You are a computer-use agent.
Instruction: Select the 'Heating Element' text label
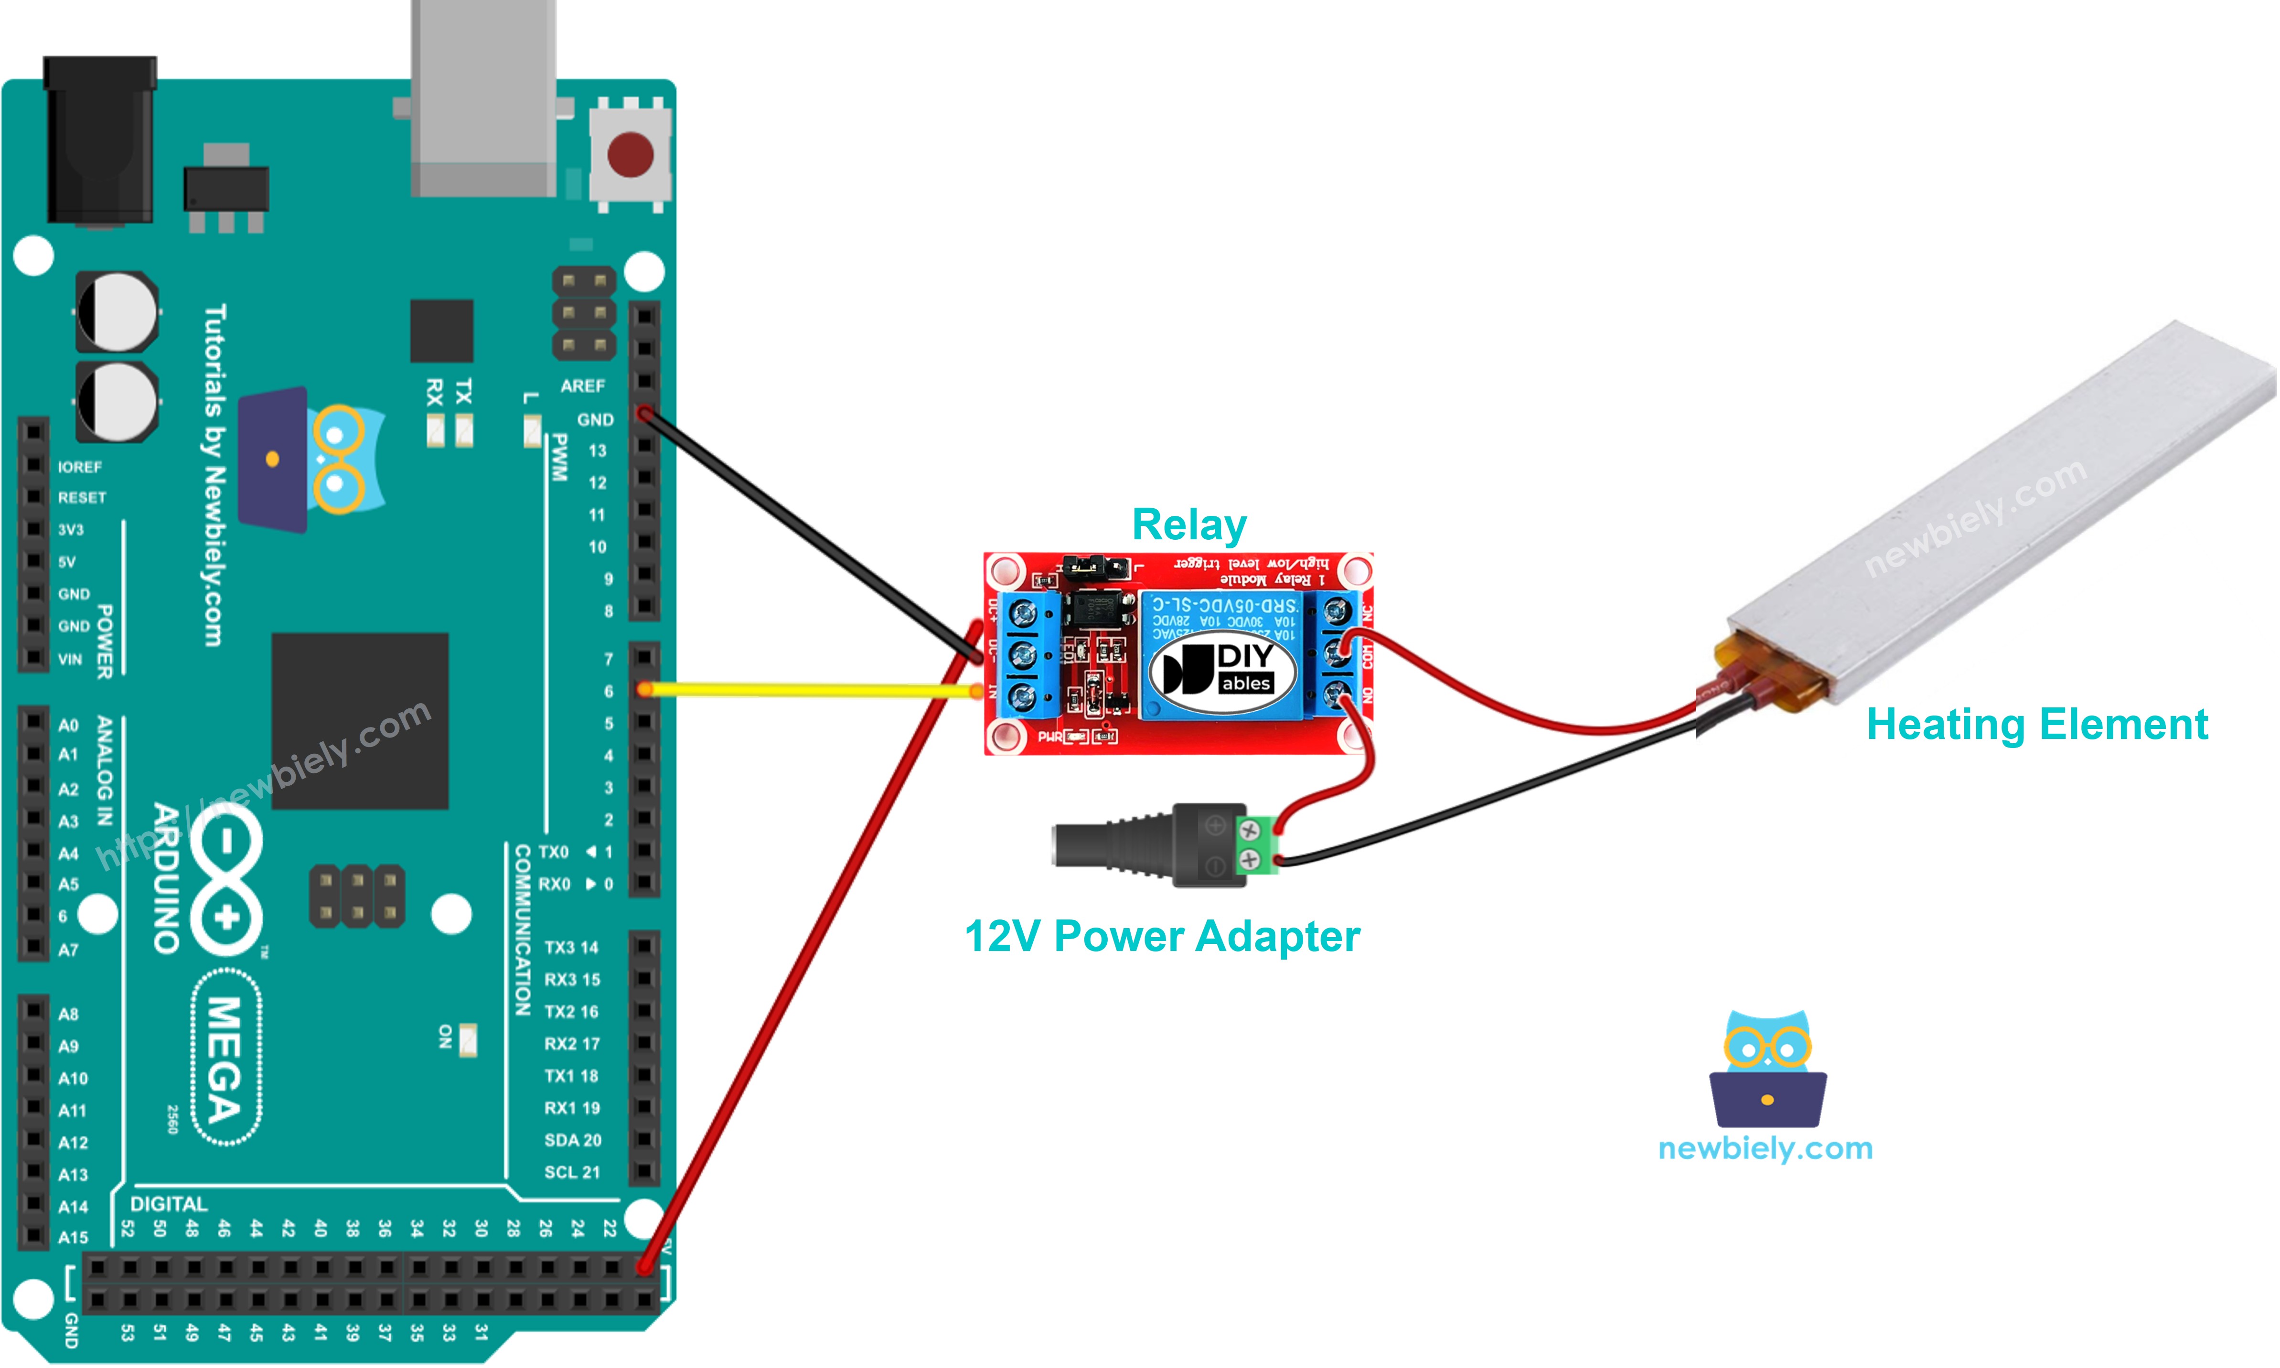[2036, 725]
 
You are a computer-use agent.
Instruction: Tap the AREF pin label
[583, 386]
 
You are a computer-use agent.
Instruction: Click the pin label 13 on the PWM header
[598, 451]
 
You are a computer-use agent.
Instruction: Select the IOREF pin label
[80, 467]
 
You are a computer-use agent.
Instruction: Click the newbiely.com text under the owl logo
[1765, 1149]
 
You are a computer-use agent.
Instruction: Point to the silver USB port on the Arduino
[483, 97]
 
